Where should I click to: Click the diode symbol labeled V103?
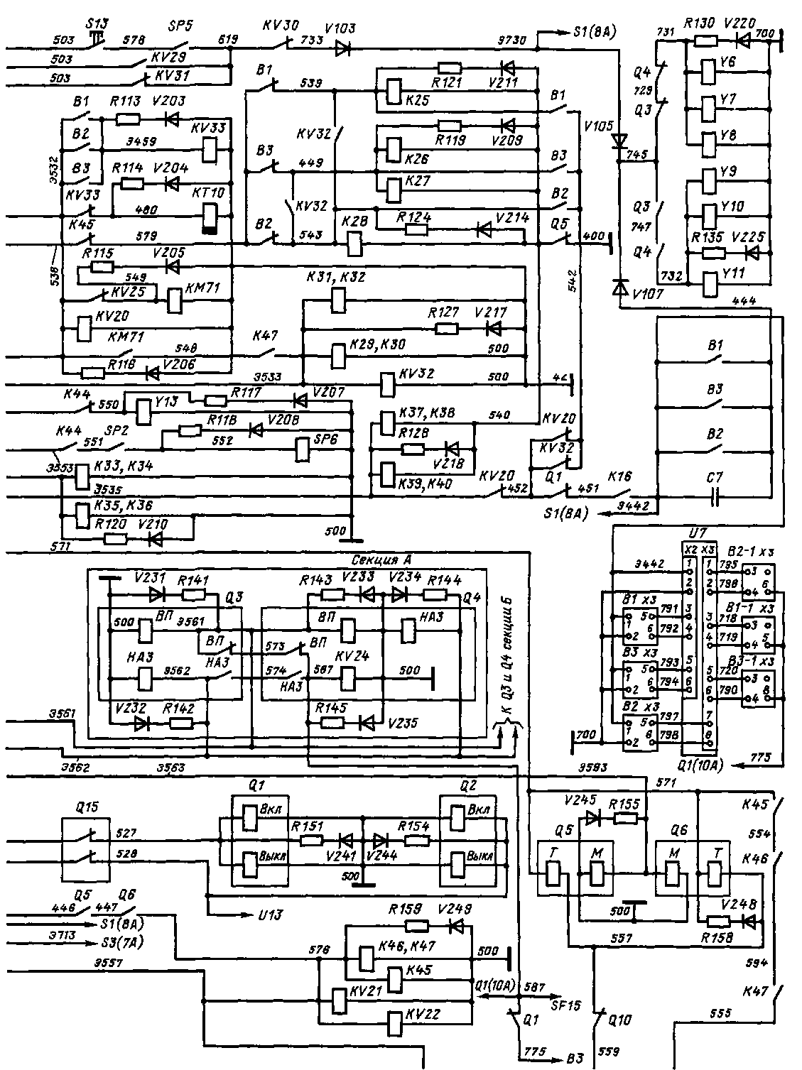(x=343, y=48)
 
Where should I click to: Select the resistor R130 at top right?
(x=705, y=41)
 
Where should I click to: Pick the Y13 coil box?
(x=144, y=410)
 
